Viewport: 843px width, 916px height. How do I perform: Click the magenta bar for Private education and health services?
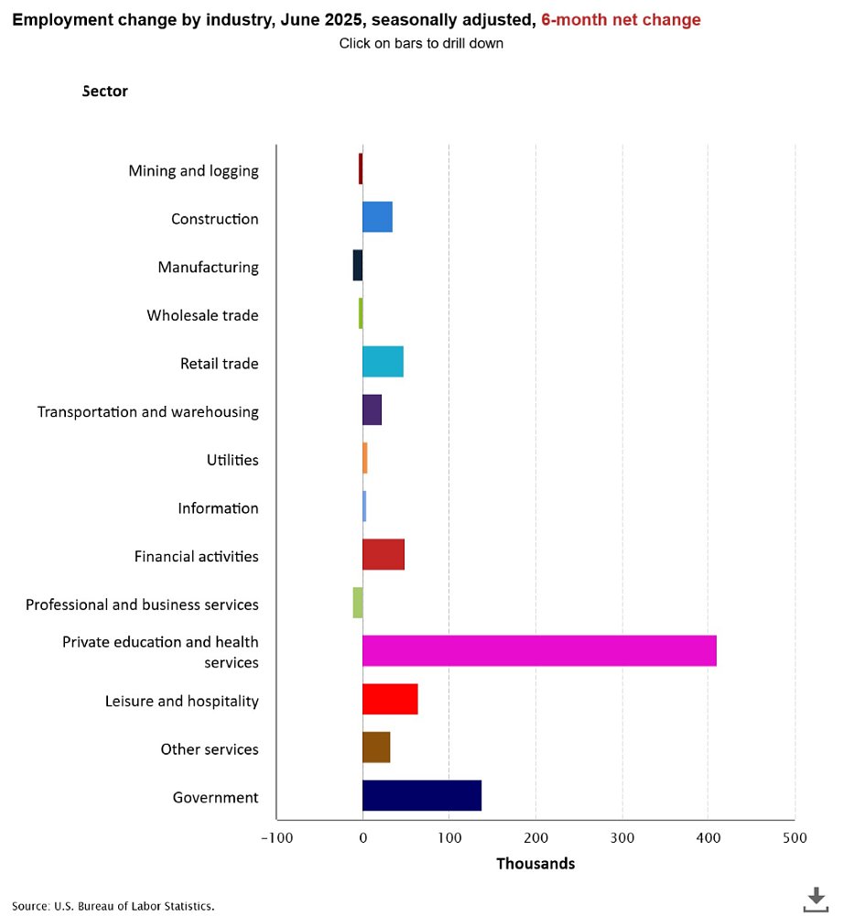539,650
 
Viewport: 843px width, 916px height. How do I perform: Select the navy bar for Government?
422,796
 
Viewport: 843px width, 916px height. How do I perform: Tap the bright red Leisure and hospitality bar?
390,699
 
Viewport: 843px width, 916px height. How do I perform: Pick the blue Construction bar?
377,217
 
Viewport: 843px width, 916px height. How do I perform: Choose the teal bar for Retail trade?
383,362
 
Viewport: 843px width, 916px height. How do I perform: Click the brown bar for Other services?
376,747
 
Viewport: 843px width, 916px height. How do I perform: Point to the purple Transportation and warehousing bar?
372,410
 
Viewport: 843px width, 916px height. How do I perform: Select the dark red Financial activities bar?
384,555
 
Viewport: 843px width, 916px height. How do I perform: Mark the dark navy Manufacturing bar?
358,266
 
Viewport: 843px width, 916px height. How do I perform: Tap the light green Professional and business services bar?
358,603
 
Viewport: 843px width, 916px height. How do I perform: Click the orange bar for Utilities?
364,458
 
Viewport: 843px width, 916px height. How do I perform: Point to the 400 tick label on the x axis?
708,838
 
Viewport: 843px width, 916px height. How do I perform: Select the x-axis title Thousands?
535,864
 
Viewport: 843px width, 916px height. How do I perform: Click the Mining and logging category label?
193,170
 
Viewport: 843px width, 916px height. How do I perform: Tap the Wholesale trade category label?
202,315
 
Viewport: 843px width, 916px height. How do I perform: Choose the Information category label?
218,507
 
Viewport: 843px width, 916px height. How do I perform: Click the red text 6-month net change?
621,20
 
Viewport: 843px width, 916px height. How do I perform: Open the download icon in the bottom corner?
815,899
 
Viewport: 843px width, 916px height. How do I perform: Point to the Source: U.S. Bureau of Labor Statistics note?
113,906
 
